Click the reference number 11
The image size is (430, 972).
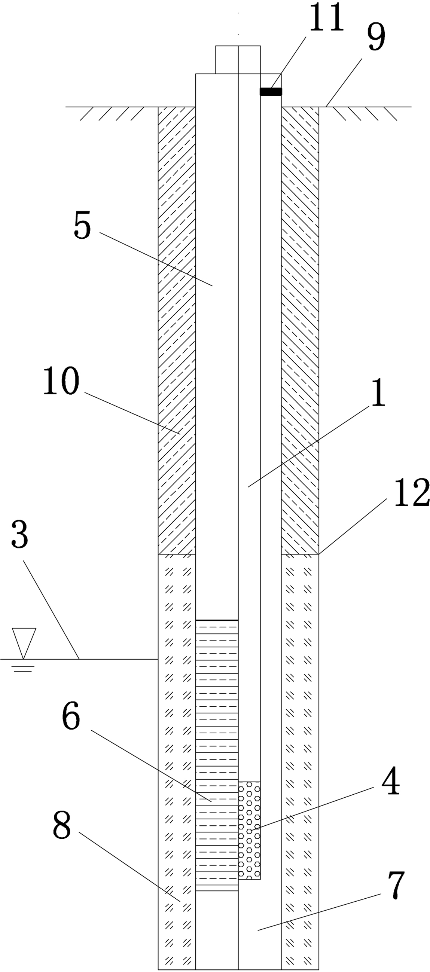pyautogui.click(x=327, y=18)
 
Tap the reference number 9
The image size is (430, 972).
pyautogui.click(x=376, y=37)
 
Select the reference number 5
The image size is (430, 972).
pyautogui.click(x=82, y=226)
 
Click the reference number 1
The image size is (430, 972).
pyautogui.click(x=378, y=393)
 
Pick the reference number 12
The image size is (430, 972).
pyautogui.click(x=412, y=492)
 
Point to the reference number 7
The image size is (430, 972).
pyautogui.click(x=396, y=885)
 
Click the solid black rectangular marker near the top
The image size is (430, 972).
pyautogui.click(x=271, y=92)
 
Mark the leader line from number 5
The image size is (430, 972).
pyautogui.click(x=156, y=259)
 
